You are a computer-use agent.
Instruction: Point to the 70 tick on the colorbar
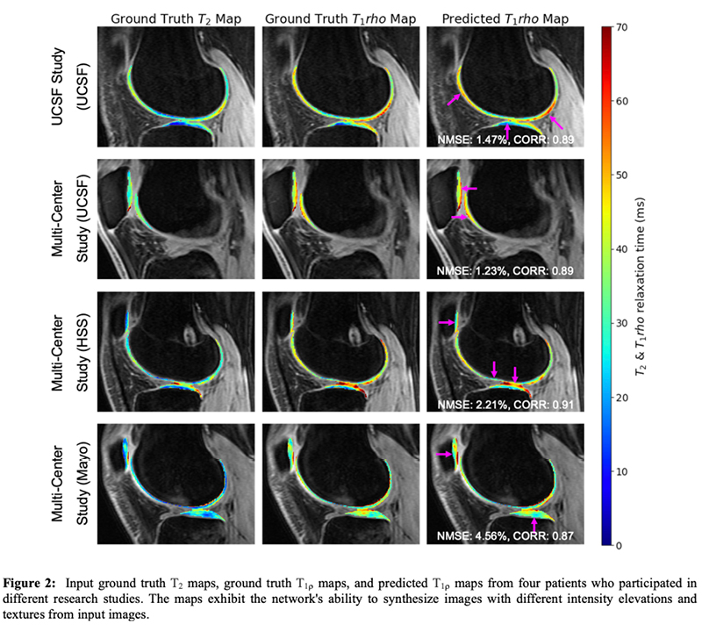pyautogui.click(x=620, y=27)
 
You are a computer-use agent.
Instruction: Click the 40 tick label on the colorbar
pyautogui.click(x=620, y=249)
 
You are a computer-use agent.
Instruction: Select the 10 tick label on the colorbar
pyautogui.click(x=620, y=471)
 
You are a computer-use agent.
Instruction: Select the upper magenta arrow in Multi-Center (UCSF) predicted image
pyautogui.click(x=468, y=189)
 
